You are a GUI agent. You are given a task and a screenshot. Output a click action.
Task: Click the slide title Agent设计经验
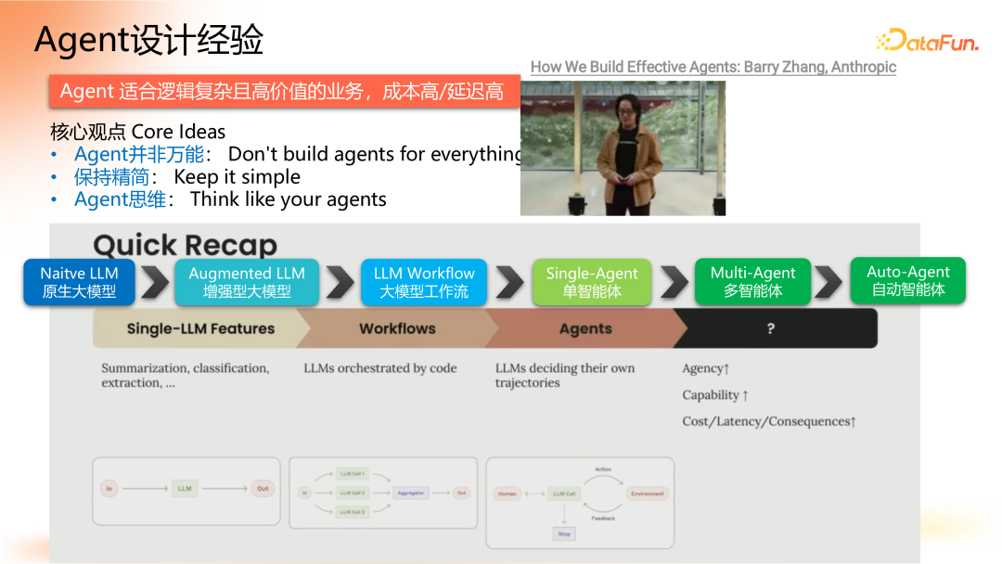148,40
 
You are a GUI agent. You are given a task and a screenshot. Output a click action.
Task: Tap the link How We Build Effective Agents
713,67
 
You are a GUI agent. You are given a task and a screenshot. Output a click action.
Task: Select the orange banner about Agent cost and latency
283,91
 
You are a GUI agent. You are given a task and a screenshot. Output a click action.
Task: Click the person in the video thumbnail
622,153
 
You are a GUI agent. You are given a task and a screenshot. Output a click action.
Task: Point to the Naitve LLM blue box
79,282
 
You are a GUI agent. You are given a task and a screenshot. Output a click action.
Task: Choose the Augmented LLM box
247,282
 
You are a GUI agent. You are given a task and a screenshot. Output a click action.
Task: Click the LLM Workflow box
424,282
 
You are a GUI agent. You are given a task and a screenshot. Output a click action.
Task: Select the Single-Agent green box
592,282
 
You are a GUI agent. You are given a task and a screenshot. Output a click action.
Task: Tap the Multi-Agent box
752,281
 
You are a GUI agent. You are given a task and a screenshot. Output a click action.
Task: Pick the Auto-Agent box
907,280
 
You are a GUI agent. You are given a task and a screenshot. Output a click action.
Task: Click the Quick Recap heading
185,245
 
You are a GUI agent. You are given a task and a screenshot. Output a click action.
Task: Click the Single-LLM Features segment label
200,328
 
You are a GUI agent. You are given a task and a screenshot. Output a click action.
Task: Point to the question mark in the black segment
770,328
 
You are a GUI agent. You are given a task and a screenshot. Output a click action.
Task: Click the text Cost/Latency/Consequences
768,421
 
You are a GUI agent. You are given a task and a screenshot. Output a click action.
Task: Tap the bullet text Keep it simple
237,176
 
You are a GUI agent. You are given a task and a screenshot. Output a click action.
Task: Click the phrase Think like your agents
288,199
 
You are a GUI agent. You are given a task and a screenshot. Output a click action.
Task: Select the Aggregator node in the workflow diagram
410,493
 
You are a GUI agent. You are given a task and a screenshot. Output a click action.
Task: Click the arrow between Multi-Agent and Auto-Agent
828,281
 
